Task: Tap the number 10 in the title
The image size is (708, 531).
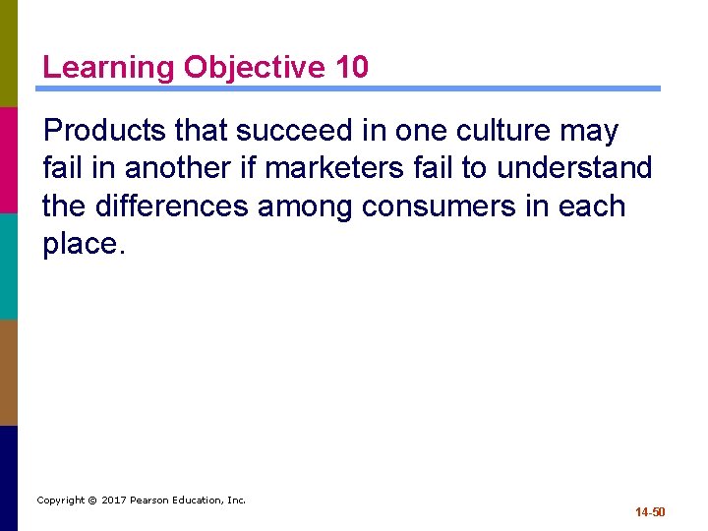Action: coord(351,68)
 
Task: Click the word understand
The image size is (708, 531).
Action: coord(574,168)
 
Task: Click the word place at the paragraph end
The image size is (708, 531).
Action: coord(81,245)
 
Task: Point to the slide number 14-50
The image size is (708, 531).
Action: coord(650,512)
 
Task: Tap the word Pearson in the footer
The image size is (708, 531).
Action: coord(153,501)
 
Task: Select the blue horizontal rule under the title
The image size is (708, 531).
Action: coord(349,88)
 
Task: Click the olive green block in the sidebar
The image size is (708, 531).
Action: coord(9,53)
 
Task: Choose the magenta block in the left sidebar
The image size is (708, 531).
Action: coord(9,159)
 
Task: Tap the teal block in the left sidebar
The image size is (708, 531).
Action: coord(9,265)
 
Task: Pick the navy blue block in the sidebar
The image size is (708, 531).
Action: coord(9,478)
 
